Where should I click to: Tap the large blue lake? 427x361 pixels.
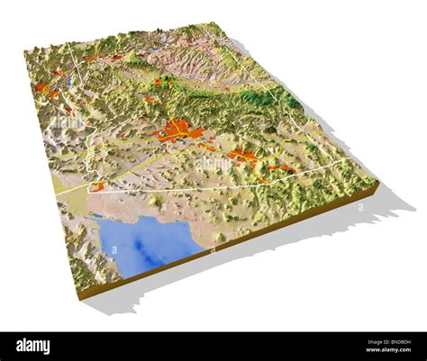pyautogui.click(x=144, y=240)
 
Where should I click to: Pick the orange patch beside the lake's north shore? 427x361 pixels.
pyautogui.click(x=96, y=186)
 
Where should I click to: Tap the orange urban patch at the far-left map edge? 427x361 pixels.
pyautogui.click(x=42, y=89)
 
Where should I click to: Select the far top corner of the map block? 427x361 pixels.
pyautogui.click(x=221, y=24)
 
